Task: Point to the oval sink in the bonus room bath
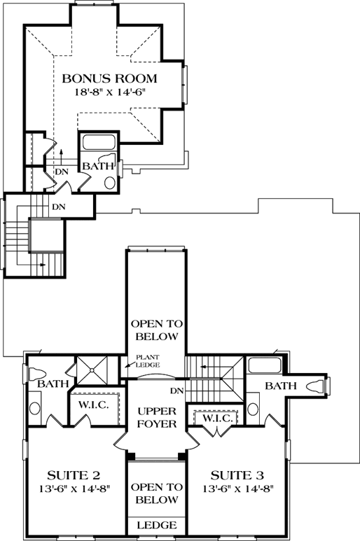110,183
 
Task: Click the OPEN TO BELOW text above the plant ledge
157,330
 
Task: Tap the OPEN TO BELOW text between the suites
156,493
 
